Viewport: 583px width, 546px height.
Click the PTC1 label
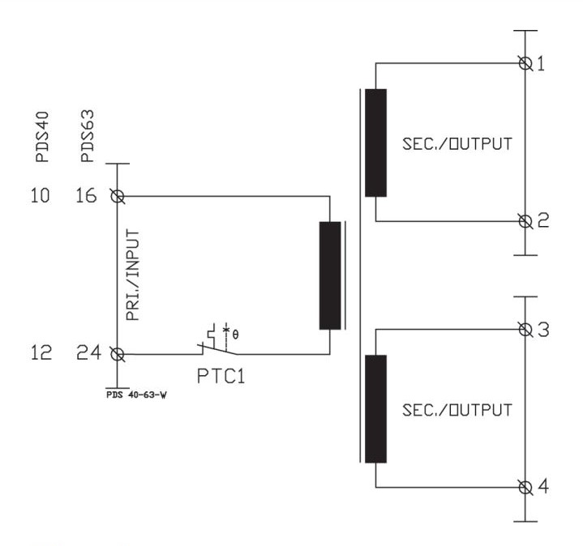click(x=221, y=376)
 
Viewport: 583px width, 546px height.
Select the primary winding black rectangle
click(x=330, y=275)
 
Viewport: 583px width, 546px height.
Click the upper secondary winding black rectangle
click(x=375, y=143)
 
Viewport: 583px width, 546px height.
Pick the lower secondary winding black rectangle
click(x=375, y=409)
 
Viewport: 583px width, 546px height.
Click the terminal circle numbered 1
click(x=525, y=63)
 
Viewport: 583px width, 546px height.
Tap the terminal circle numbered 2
click(x=525, y=221)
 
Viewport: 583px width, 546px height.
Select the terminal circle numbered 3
click(x=525, y=329)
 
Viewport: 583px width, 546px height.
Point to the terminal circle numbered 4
click(x=525, y=488)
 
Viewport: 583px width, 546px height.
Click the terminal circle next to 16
click(x=118, y=196)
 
